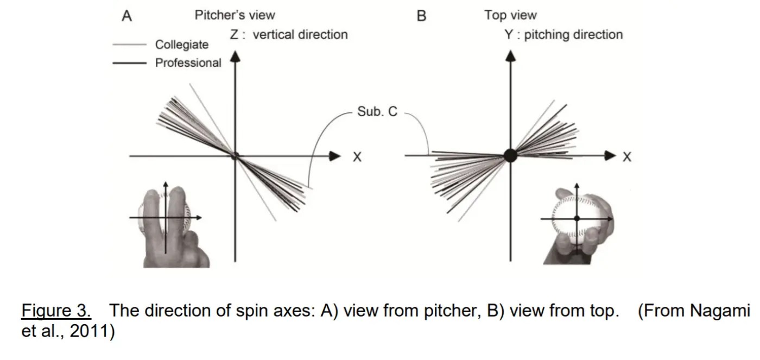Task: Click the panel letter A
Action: [126, 16]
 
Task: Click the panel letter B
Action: [421, 16]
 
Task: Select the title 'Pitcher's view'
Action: [235, 15]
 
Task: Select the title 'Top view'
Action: [510, 15]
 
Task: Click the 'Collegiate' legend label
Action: [181, 45]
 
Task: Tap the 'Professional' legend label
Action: [188, 63]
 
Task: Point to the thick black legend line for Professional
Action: [129, 64]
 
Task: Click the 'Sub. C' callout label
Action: [377, 112]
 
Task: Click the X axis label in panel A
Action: [357, 157]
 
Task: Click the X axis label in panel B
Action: [627, 157]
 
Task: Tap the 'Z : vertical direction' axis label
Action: [288, 35]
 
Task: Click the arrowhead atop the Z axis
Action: [235, 56]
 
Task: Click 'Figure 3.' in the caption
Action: [56, 311]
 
